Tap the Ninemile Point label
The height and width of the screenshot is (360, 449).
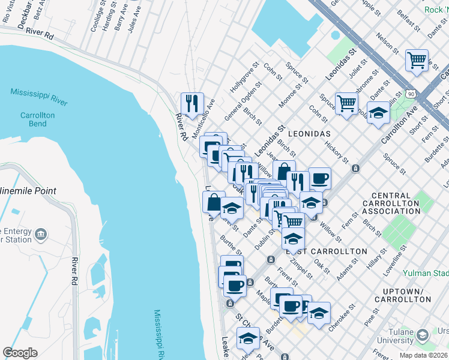coord(37,191)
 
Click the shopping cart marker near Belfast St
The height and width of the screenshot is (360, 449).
coord(417,61)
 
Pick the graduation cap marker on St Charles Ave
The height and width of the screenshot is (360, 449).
coord(248,338)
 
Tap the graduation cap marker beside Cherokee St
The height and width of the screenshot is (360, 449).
coord(319,313)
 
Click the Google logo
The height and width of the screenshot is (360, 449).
coord(20,352)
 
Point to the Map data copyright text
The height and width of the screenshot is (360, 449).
coord(424,355)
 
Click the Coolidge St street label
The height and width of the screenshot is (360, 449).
coord(94,20)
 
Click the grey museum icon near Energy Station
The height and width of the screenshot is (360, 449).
coord(41,233)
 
